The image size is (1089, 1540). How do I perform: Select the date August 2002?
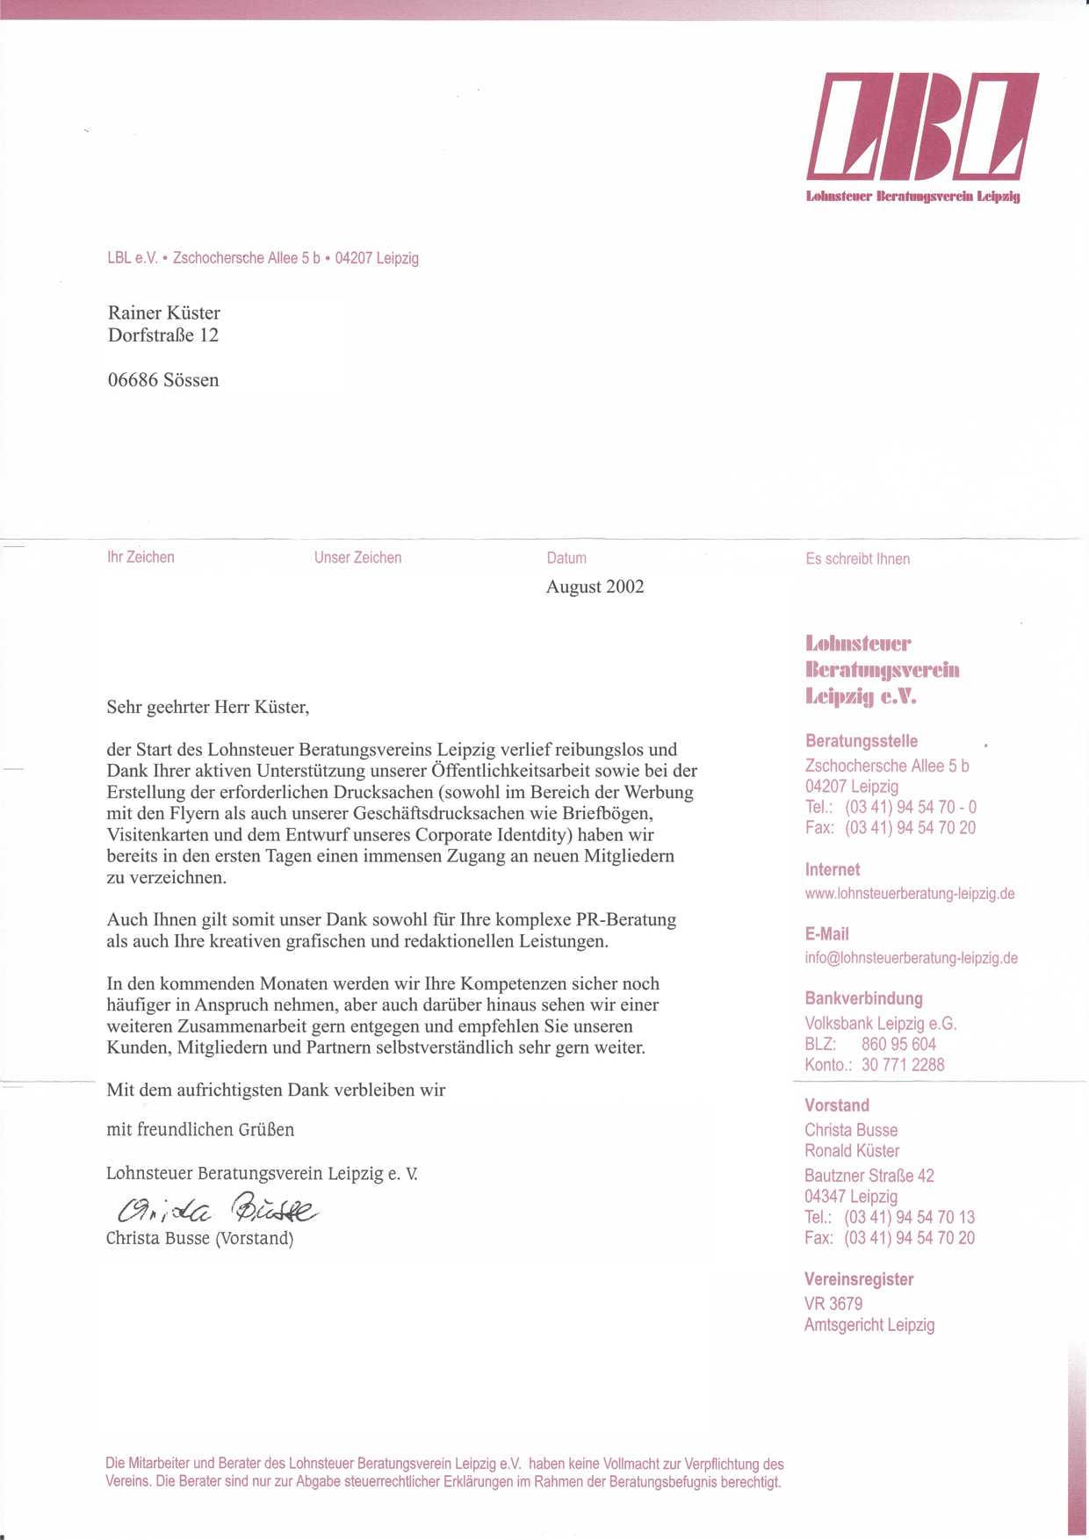595,586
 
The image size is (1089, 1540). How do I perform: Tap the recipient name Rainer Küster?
163,313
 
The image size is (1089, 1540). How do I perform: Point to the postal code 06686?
133,380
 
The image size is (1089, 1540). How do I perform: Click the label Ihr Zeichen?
141,557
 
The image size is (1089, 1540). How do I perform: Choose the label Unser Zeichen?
357,558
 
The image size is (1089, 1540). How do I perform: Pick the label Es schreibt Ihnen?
857,558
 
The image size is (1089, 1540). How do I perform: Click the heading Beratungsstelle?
861,741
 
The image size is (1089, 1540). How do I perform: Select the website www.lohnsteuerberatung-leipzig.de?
909,894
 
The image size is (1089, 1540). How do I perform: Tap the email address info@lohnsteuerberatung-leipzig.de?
911,958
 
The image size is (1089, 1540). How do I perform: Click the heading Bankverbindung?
863,998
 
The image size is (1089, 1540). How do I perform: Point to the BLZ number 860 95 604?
898,1044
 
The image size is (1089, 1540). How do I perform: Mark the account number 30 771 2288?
903,1065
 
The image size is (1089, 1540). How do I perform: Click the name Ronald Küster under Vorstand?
852,1151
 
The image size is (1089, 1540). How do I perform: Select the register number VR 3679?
833,1304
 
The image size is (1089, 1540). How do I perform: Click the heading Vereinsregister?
858,1279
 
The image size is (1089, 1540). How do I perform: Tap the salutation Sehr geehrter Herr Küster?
207,707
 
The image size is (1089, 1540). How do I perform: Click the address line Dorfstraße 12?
162,335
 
